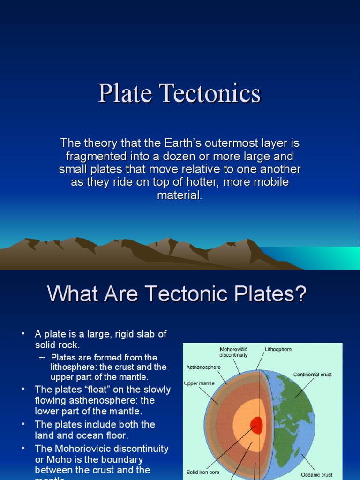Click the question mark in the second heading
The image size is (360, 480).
(x=300, y=294)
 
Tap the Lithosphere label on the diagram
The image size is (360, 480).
(x=278, y=349)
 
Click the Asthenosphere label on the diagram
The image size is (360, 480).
(x=203, y=367)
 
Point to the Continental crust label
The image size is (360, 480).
(x=312, y=375)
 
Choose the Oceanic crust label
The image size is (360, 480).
(x=317, y=475)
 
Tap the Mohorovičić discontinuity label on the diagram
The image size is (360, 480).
(x=233, y=352)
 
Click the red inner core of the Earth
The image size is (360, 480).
(x=256, y=425)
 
